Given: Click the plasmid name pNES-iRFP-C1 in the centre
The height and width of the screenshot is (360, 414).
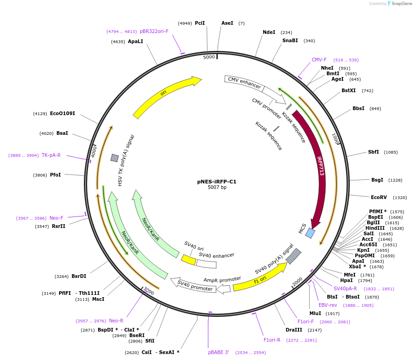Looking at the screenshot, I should [217, 182].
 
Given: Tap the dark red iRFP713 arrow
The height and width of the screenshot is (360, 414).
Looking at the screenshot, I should [319, 165].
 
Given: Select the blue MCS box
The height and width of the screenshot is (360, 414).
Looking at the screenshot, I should [310, 233].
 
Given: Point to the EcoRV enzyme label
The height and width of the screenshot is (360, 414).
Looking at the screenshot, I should [379, 197].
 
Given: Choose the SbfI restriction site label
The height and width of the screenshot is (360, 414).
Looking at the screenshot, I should [373, 152].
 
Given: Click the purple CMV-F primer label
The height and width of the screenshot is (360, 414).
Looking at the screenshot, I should [319, 60].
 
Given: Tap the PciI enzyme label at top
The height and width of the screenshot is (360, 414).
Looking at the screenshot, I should [199, 23].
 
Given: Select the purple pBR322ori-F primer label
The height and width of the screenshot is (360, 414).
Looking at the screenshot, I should [154, 31].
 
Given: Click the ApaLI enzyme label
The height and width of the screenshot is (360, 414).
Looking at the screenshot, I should [135, 41].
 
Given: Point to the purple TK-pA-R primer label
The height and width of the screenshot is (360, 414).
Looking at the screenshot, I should [51, 155].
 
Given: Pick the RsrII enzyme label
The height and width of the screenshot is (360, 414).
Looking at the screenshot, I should [58, 226].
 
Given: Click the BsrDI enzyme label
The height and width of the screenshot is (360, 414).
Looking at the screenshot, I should [79, 276].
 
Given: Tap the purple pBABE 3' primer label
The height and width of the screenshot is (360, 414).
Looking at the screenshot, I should [219, 352].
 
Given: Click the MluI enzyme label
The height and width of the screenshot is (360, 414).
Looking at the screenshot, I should [315, 313].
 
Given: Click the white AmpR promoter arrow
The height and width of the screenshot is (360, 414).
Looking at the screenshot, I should [223, 288].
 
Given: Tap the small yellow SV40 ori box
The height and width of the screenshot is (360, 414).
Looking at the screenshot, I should [188, 260].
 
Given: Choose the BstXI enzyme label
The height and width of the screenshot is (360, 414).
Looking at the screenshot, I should [348, 90].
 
